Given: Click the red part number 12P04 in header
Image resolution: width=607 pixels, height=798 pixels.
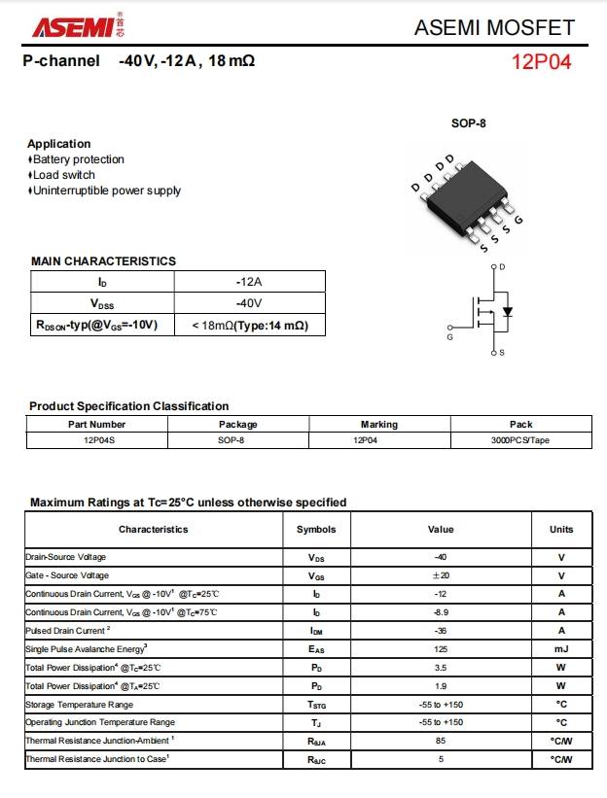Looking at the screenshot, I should tap(542, 63).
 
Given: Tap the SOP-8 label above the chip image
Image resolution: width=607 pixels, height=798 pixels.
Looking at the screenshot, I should tap(468, 123).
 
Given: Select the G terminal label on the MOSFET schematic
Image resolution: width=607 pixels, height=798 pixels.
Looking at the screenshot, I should tap(449, 337).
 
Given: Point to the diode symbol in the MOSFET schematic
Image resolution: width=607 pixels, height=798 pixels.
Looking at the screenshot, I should tap(507, 312).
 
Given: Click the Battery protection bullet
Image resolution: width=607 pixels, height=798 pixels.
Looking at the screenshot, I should tap(78, 159).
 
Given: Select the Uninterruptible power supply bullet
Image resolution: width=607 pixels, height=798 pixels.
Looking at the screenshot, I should tap(106, 191).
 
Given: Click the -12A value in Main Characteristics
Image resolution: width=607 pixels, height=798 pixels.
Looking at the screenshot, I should tap(249, 282).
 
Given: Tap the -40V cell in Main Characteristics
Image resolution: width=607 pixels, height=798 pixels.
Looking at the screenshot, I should tap(249, 303).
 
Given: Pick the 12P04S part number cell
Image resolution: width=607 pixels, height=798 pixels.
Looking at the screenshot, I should tap(97, 440).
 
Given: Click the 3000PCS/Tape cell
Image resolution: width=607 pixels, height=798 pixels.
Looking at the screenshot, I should tap(520, 440).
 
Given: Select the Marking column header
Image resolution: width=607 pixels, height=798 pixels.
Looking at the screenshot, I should tap(378, 424).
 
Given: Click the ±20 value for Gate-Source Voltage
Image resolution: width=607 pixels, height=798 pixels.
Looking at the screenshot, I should tap(441, 575).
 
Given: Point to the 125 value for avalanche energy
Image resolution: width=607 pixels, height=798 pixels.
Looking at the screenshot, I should tap(441, 649).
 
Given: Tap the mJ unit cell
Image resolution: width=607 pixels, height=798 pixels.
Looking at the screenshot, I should tap(561, 649).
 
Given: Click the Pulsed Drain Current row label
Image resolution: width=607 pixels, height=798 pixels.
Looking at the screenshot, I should tap(68, 631).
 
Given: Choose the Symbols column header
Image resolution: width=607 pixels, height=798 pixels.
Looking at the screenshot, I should tap(316, 530).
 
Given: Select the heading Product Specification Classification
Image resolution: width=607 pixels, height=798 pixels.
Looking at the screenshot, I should tap(129, 406).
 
